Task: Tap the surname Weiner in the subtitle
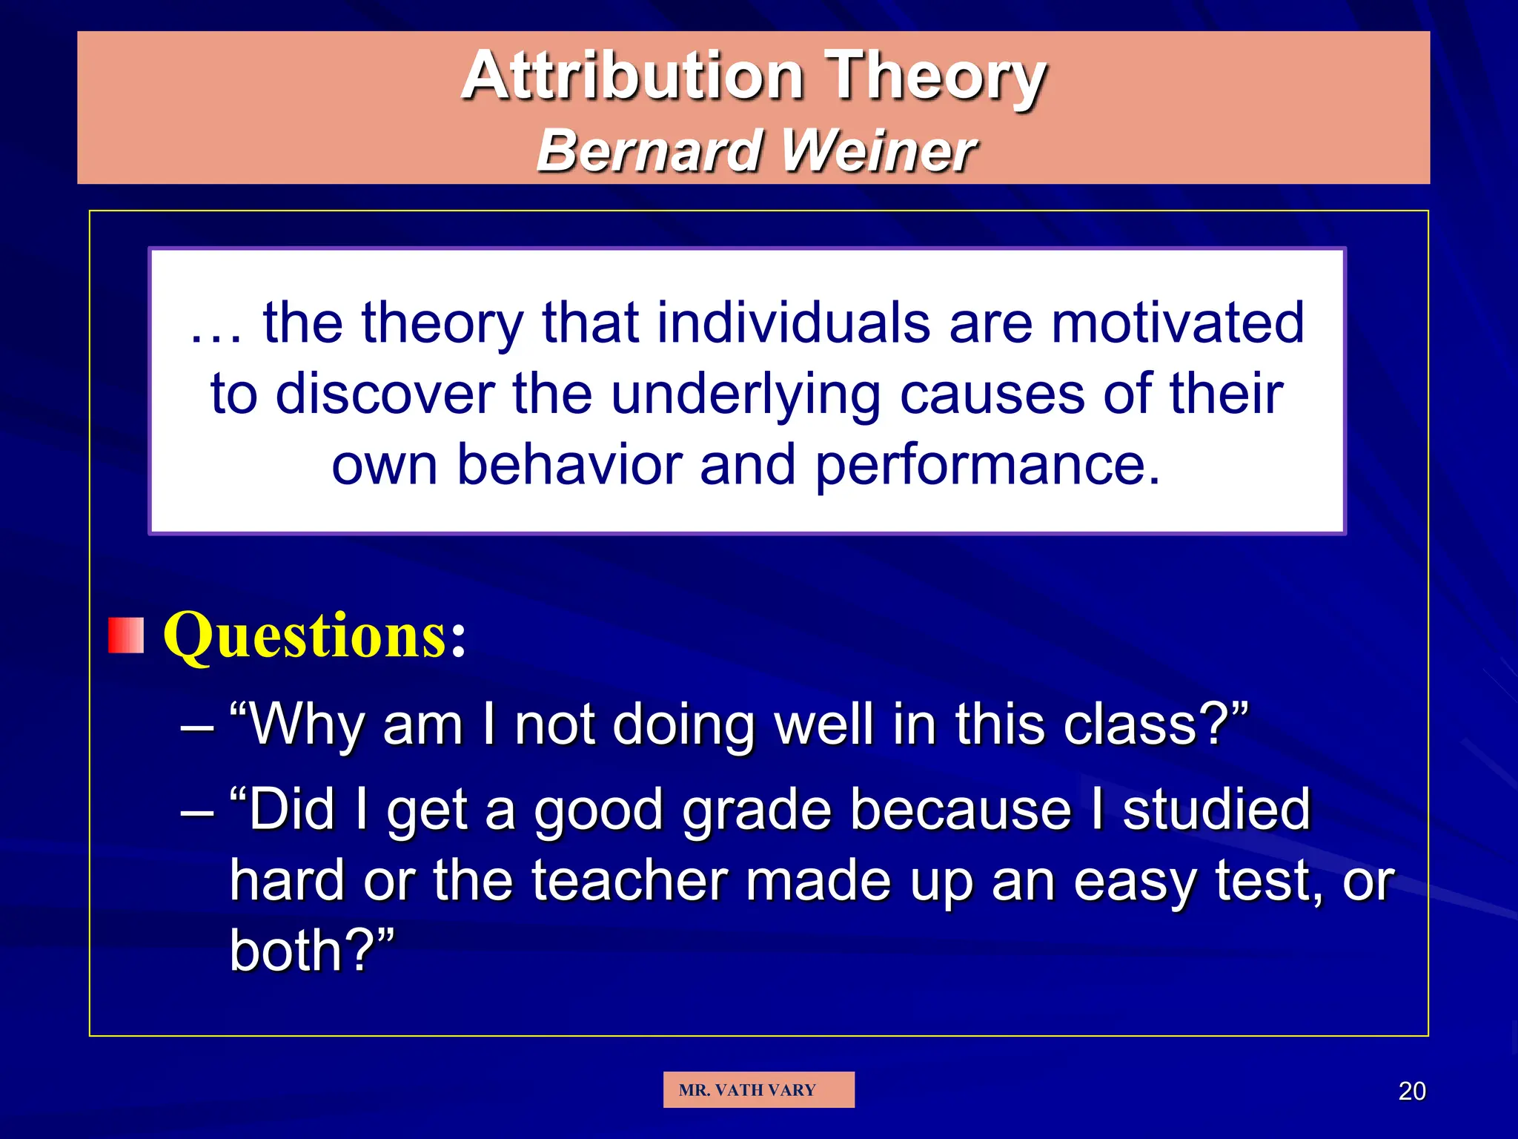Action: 879,151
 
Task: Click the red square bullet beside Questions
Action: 125,635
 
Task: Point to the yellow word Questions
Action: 305,635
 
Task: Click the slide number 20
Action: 1411,1091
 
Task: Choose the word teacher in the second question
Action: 629,881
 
